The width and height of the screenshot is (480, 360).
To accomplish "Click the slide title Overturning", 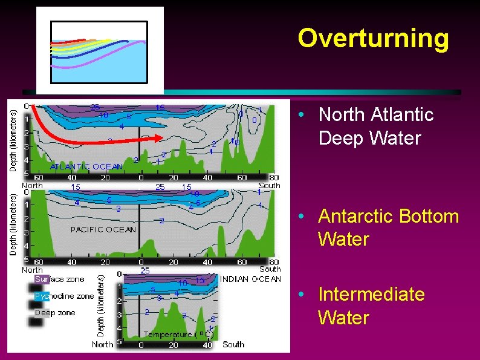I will pos(373,38).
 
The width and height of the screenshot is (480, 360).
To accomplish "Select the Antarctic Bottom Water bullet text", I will pos(388,227).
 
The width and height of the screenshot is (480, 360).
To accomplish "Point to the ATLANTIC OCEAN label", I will pos(86,166).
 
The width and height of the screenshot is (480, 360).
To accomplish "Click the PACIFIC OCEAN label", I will pos(103,229).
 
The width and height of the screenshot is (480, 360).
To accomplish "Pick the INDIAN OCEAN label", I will pos(250,279).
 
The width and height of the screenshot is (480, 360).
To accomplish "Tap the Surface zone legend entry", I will pos(59,280).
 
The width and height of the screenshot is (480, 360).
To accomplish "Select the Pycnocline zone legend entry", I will pos(63,296).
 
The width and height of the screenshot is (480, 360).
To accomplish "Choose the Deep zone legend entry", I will pos(55,313).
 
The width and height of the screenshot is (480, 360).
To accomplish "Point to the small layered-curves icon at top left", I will pos(100,51).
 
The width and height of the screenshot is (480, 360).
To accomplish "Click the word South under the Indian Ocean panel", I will pos(233,344).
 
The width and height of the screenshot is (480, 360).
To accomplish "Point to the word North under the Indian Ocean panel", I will pos(102,344).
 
